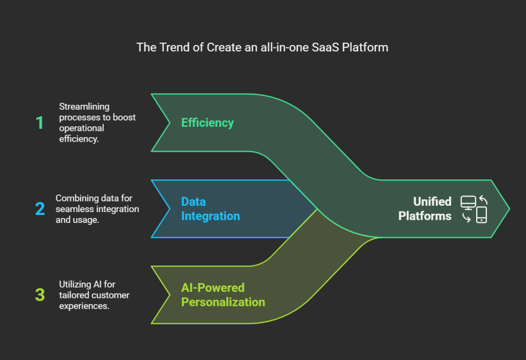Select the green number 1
tap(40, 123)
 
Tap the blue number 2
tap(40, 209)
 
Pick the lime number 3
tap(40, 295)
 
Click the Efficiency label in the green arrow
tap(207, 123)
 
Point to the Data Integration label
tap(210, 209)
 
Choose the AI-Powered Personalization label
tap(223, 295)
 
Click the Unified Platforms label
tap(425, 209)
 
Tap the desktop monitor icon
tap(468, 202)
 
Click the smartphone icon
tap(481, 215)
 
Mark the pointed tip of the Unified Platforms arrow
tap(509, 209)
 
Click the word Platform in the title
tap(367, 48)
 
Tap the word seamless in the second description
tap(75, 209)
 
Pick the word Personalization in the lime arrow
tap(223, 301)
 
